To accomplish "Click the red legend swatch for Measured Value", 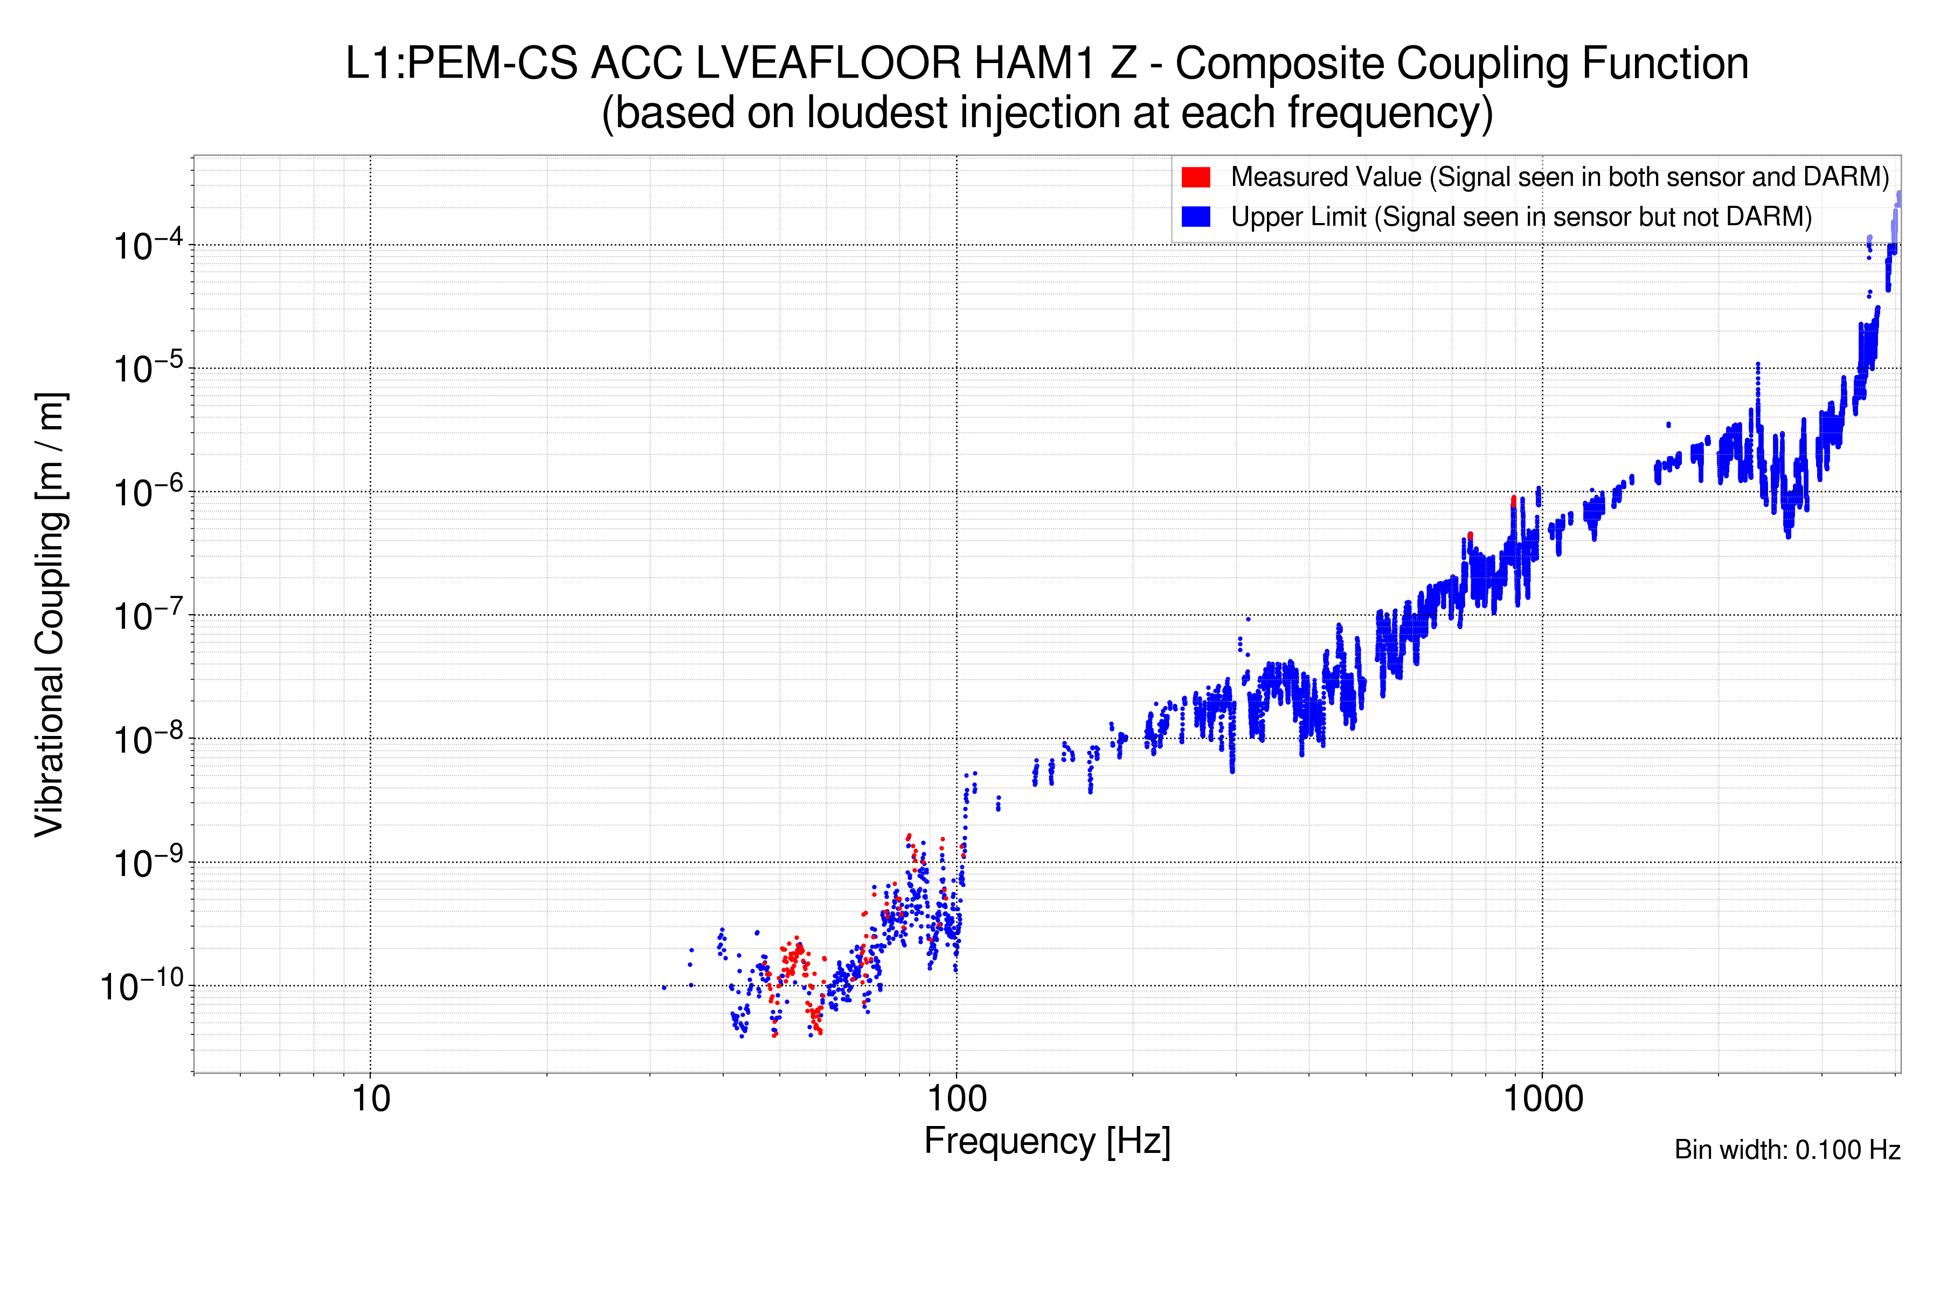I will tap(1195, 177).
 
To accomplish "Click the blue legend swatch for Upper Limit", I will tap(1195, 216).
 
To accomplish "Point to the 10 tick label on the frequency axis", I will tap(370, 1099).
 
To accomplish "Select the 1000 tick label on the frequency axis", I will tap(1542, 1099).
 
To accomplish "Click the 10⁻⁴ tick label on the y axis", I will tap(147, 245).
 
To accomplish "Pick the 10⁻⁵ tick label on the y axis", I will tap(147, 369).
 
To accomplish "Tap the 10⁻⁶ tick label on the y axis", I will tap(147, 492).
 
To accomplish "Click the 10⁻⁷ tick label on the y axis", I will tap(147, 616).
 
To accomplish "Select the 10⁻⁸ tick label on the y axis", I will tap(147, 740).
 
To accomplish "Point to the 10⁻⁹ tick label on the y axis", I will tap(147, 864).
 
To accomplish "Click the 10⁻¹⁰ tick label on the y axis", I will tap(142, 985).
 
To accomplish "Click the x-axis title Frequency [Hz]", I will tap(1047, 1141).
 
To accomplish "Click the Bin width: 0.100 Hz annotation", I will tap(1786, 1150).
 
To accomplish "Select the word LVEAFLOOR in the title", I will tap(828, 64).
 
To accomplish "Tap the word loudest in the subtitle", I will tap(878, 113).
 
